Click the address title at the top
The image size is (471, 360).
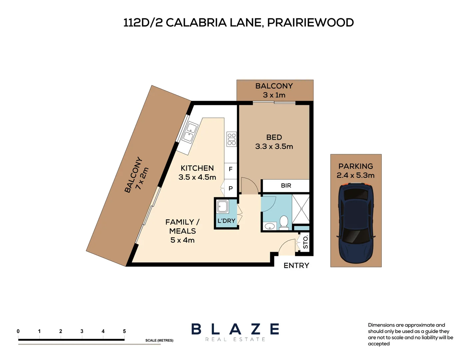click(238, 23)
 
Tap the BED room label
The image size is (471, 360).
click(274, 137)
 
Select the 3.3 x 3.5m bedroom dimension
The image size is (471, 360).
click(274, 146)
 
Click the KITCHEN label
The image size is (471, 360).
click(197, 168)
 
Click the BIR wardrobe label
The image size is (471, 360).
click(286, 186)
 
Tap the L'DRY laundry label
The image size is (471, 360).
click(226, 221)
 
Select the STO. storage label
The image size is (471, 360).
click(305, 242)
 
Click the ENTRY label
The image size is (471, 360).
click(296, 265)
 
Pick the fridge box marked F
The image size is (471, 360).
click(231, 169)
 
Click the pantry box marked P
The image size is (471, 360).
click(231, 188)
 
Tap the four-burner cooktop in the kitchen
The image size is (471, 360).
click(232, 139)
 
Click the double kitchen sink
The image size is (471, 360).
click(189, 132)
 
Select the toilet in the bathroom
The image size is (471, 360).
click(284, 222)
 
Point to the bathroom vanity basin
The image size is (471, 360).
click(269, 226)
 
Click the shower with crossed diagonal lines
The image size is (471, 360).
click(301, 209)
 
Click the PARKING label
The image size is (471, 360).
click(355, 166)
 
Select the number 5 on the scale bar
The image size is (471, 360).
click(124, 331)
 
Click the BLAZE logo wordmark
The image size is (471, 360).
click(235, 329)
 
